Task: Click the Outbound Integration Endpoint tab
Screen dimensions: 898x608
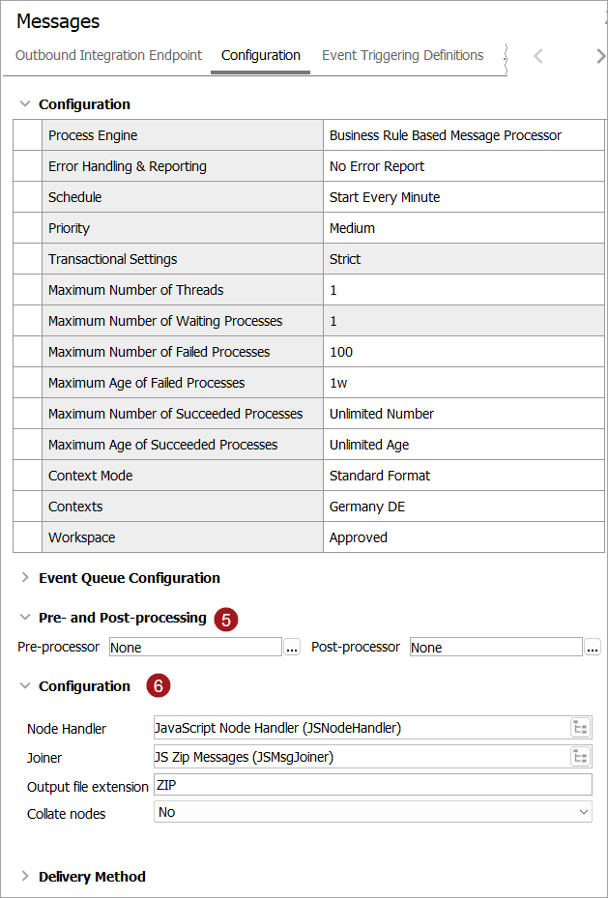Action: pyautogui.click(x=109, y=55)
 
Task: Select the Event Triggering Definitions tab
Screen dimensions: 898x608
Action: pyautogui.click(x=402, y=55)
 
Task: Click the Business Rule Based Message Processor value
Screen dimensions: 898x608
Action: pyautogui.click(x=446, y=135)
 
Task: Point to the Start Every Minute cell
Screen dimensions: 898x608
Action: pyautogui.click(x=385, y=197)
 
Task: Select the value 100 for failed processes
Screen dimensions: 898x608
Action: pyautogui.click(x=341, y=352)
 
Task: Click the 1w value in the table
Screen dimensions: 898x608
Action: pyautogui.click(x=338, y=383)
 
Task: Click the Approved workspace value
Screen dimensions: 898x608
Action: pyautogui.click(x=359, y=537)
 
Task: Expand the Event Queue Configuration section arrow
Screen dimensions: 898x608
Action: pyautogui.click(x=25, y=578)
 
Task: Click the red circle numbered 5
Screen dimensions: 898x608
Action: pyautogui.click(x=225, y=620)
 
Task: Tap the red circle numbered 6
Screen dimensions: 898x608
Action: pyautogui.click(x=159, y=686)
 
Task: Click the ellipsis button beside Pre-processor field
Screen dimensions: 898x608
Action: pyautogui.click(x=292, y=648)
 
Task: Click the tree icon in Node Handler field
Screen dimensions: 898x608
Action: pyautogui.click(x=580, y=728)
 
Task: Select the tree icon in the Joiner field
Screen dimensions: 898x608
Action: pyautogui.click(x=580, y=757)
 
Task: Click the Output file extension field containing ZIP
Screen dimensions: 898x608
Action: pyautogui.click(x=372, y=785)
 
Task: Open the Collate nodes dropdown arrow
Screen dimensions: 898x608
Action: pyautogui.click(x=583, y=812)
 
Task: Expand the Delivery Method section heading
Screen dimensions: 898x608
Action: pyautogui.click(x=92, y=877)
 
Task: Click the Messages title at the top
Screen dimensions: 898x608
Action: pyautogui.click(x=58, y=21)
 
